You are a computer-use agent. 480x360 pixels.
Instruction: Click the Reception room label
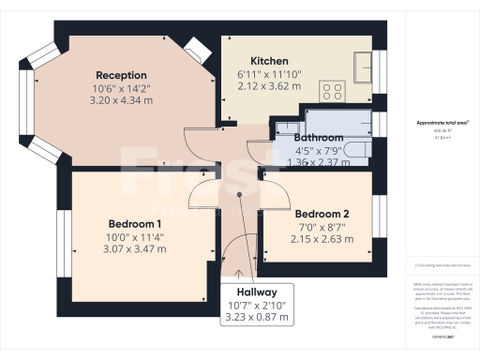[x=121, y=75]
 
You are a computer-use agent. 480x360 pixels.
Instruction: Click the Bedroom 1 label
[x=135, y=223]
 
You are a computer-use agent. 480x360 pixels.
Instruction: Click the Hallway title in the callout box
[x=256, y=292]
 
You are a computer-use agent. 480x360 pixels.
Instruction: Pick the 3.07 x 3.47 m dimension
[x=135, y=249]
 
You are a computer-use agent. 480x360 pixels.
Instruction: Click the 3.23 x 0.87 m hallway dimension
[x=256, y=318]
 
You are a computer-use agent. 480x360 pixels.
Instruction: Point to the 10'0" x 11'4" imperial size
[x=135, y=236]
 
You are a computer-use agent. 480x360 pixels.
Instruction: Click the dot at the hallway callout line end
[x=240, y=195]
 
